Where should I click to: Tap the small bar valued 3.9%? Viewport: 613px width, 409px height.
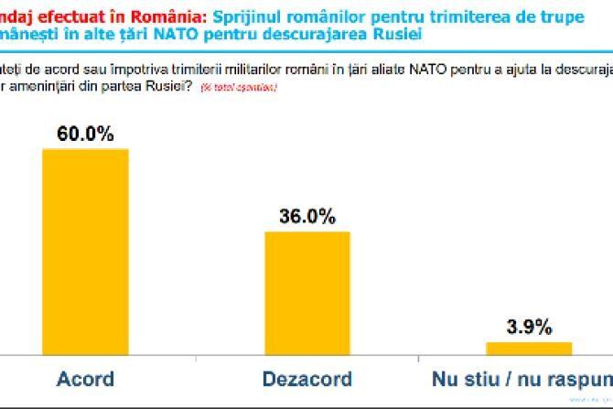(x=529, y=347)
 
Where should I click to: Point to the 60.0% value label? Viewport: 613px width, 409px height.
(x=87, y=134)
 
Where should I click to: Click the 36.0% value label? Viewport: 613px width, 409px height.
(x=307, y=217)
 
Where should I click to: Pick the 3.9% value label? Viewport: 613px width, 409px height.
(x=529, y=328)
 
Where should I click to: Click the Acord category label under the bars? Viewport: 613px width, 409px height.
(x=86, y=379)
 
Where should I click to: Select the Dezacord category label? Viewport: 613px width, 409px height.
(x=307, y=379)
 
